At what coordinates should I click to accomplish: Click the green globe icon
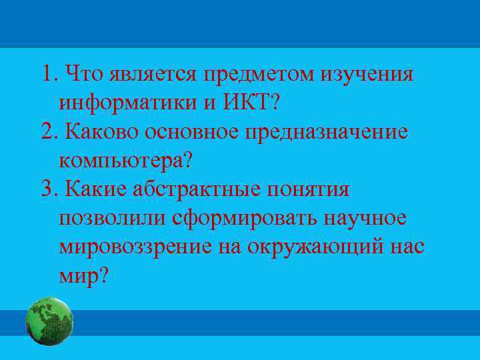coord(49,321)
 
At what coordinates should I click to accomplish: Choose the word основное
coord(201,131)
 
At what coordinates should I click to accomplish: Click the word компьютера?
coord(130,161)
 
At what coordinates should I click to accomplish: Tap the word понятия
coord(308,190)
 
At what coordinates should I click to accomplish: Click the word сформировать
coord(244,219)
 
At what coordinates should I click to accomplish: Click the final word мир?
coord(83,277)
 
